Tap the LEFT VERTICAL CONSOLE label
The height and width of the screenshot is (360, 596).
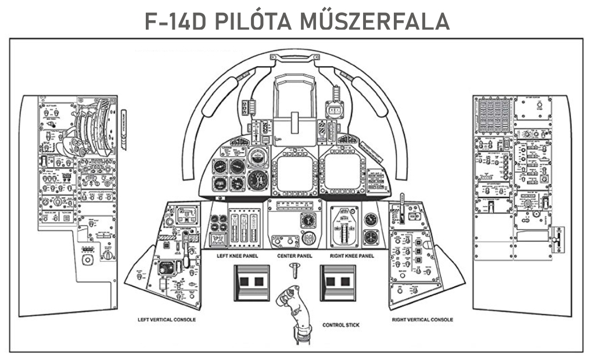[167, 319]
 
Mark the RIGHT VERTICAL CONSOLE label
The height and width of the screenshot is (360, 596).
[422, 319]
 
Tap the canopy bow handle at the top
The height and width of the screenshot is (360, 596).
[295, 56]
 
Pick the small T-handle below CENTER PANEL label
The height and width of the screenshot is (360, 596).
[295, 269]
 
